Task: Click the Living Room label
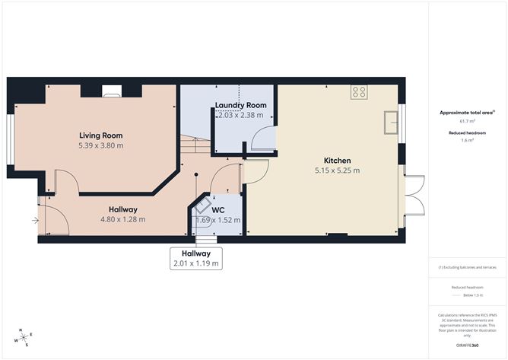(x=101, y=135)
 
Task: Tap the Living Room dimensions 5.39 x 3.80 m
(x=101, y=145)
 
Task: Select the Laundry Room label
(x=240, y=105)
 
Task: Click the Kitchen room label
(x=337, y=161)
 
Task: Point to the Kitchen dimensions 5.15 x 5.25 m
(x=337, y=170)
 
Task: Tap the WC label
(x=218, y=210)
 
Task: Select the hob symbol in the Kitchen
(x=359, y=92)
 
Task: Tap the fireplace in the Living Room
(x=112, y=93)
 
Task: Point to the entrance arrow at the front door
(x=33, y=221)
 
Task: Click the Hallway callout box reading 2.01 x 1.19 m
(x=196, y=258)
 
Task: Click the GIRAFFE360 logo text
(x=468, y=345)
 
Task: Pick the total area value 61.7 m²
(x=467, y=121)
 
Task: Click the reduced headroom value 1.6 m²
(x=467, y=140)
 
